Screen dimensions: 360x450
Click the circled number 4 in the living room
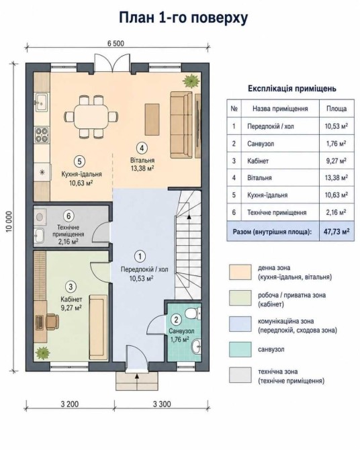[142, 148]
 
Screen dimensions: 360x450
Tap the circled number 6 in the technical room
[69, 216]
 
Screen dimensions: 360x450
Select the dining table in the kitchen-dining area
[91, 117]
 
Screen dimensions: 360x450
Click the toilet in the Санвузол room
[192, 313]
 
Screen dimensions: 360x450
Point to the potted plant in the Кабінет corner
[42, 353]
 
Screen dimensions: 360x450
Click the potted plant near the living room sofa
[191, 81]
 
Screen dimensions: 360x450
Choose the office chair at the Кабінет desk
[52, 321]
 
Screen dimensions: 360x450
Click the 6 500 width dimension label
[116, 44]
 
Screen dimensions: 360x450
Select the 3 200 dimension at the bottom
[70, 404]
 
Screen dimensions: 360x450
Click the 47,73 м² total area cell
[336, 231]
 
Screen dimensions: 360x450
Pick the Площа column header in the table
[336, 109]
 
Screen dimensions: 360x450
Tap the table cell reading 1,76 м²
[336, 143]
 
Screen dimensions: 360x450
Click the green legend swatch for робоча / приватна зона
[240, 298]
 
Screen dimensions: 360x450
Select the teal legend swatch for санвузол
[240, 349]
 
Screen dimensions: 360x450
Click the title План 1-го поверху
[183, 17]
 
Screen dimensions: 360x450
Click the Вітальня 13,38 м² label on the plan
[142, 164]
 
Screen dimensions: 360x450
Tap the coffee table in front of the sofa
[152, 120]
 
